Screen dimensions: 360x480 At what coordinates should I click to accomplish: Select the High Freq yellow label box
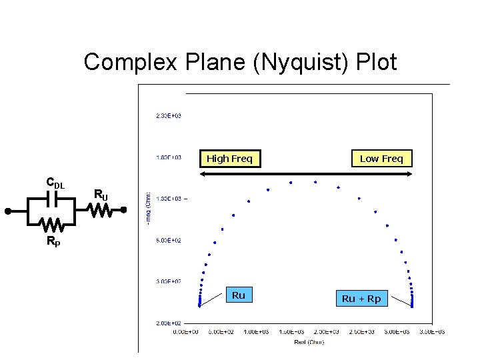tap(229, 159)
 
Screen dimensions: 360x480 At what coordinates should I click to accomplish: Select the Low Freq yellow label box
tap(381, 159)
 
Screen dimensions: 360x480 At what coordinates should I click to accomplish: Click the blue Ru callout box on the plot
tap(239, 295)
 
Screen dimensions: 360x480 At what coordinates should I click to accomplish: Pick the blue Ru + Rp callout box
tap(361, 299)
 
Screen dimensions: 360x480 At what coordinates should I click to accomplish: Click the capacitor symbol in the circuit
tap(52, 199)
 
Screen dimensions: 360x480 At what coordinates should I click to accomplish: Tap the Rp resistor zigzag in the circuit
tap(53, 223)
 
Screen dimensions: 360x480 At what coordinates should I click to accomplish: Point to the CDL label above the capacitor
tap(55, 183)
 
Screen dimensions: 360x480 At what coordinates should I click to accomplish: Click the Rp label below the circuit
tap(53, 242)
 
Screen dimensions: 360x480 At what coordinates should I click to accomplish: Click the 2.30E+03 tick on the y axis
tap(169, 116)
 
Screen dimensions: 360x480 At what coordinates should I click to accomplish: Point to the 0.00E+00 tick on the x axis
tap(186, 331)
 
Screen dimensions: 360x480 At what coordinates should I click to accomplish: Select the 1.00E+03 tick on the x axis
tap(256, 331)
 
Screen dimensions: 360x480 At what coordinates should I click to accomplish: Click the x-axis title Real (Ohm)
tap(309, 342)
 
